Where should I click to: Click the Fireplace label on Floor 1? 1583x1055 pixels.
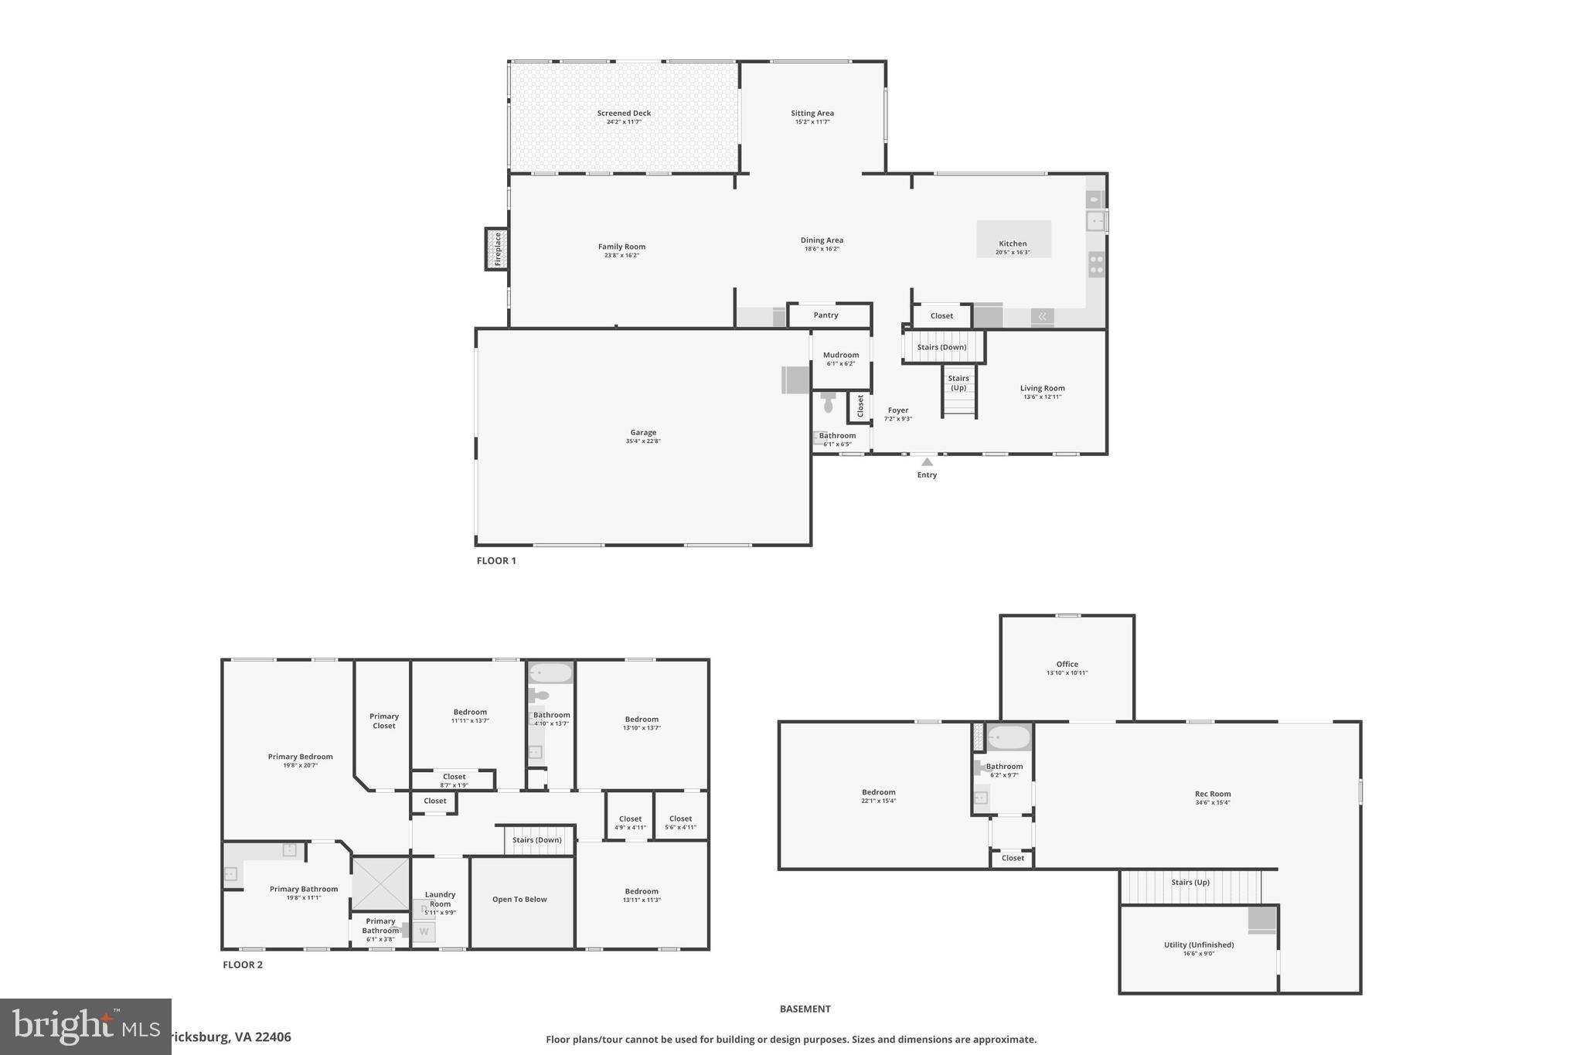[498, 249]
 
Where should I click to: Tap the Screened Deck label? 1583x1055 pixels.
[624, 114]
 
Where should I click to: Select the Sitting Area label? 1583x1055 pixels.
[812, 114]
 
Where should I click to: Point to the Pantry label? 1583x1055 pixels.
[826, 315]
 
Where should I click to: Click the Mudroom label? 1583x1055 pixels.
[841, 356]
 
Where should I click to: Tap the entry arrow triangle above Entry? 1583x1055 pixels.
[927, 462]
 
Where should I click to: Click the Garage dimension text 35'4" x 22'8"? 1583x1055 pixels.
[643, 441]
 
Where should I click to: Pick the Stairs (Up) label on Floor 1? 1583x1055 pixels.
[958, 383]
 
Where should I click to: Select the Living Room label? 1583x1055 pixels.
[1042, 389]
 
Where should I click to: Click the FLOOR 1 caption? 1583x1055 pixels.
[496, 561]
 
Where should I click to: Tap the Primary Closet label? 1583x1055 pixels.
[384, 721]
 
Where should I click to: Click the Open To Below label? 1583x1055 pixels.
[519, 900]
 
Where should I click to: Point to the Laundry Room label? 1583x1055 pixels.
[440, 899]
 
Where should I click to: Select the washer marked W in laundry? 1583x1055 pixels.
[424, 932]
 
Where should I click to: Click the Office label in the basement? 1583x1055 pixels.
[1067, 665]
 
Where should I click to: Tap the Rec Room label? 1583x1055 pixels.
[1212, 795]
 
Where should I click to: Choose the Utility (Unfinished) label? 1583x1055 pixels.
[1199, 945]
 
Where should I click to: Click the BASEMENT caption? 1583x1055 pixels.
[805, 1009]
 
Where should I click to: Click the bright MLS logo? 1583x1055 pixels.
[85, 1026]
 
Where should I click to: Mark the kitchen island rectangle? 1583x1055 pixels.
[1013, 239]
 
